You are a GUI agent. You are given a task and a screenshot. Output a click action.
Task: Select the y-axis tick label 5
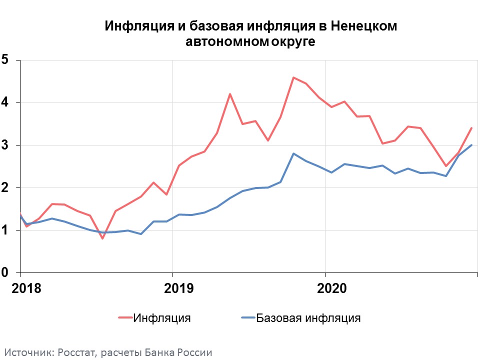point(5,60)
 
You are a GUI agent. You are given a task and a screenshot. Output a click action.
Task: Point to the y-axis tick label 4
point(5,102)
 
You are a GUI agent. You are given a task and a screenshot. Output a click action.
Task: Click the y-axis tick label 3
point(5,145)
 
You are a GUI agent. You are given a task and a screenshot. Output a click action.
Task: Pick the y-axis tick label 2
point(5,187)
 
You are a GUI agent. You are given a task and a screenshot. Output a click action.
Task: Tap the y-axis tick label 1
point(5,230)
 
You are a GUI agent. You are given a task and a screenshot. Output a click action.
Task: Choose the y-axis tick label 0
point(5,273)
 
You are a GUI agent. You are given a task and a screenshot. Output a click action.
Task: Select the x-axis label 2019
point(178,289)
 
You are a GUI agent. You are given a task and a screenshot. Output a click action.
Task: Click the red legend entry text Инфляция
point(162,317)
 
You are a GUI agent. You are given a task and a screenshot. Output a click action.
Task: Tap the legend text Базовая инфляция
point(308,317)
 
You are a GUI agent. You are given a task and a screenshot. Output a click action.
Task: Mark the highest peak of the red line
point(293,77)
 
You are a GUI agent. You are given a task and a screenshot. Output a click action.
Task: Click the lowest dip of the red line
point(102,238)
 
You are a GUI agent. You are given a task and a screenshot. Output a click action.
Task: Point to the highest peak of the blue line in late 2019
point(293,153)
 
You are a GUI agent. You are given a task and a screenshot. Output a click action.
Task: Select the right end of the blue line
point(471,145)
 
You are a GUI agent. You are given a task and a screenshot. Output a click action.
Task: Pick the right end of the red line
point(471,128)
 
